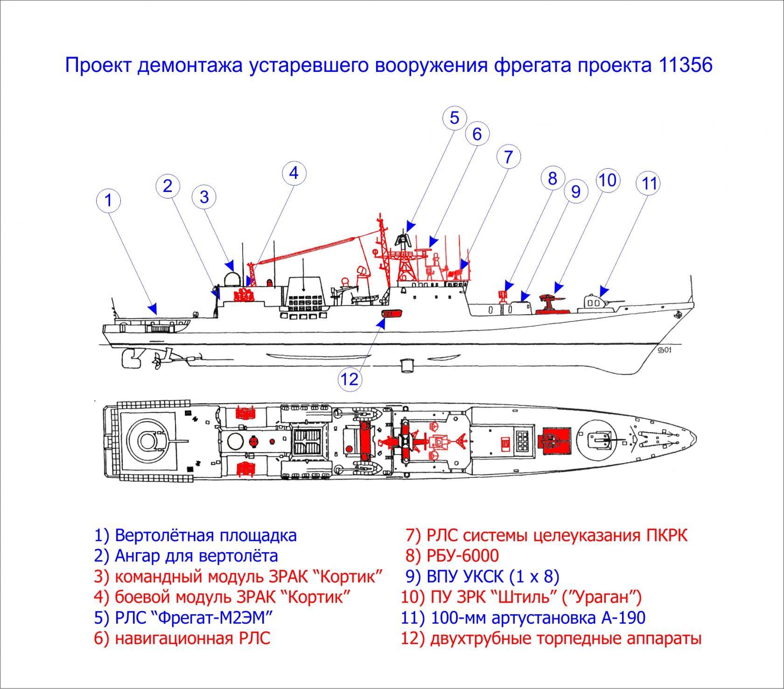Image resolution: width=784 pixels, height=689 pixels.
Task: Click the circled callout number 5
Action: click(455, 118)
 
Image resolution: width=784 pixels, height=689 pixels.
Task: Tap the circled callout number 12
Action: click(350, 378)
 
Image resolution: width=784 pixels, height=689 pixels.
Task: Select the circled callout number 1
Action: click(108, 201)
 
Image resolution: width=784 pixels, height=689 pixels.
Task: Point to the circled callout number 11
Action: click(650, 184)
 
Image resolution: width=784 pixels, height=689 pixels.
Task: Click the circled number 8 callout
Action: click(553, 178)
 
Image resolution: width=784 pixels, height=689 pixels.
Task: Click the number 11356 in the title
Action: click(686, 65)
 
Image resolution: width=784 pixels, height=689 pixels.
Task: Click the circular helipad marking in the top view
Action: click(147, 440)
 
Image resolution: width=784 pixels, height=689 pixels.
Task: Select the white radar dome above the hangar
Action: click(230, 279)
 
